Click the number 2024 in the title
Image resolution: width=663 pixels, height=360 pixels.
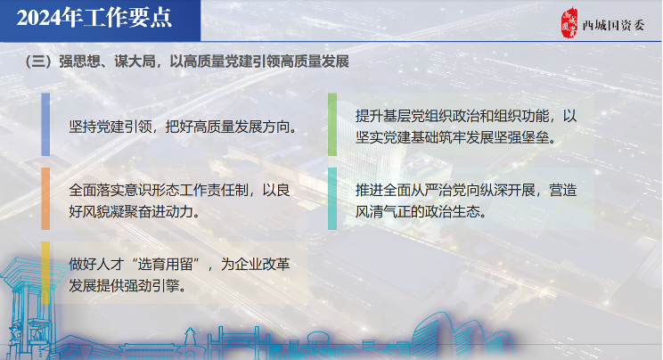(38, 18)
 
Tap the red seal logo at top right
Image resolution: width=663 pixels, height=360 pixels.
(569, 23)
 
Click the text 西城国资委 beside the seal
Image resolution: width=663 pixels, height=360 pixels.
(613, 25)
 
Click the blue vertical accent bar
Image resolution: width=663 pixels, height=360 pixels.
(45, 125)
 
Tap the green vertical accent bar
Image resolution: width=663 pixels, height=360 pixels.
(332, 125)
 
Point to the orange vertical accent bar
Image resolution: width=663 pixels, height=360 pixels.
(45, 199)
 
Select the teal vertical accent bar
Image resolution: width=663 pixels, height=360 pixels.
(332, 199)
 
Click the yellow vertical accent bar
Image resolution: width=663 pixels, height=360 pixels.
(45, 273)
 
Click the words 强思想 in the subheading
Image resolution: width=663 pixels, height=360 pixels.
(79, 61)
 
